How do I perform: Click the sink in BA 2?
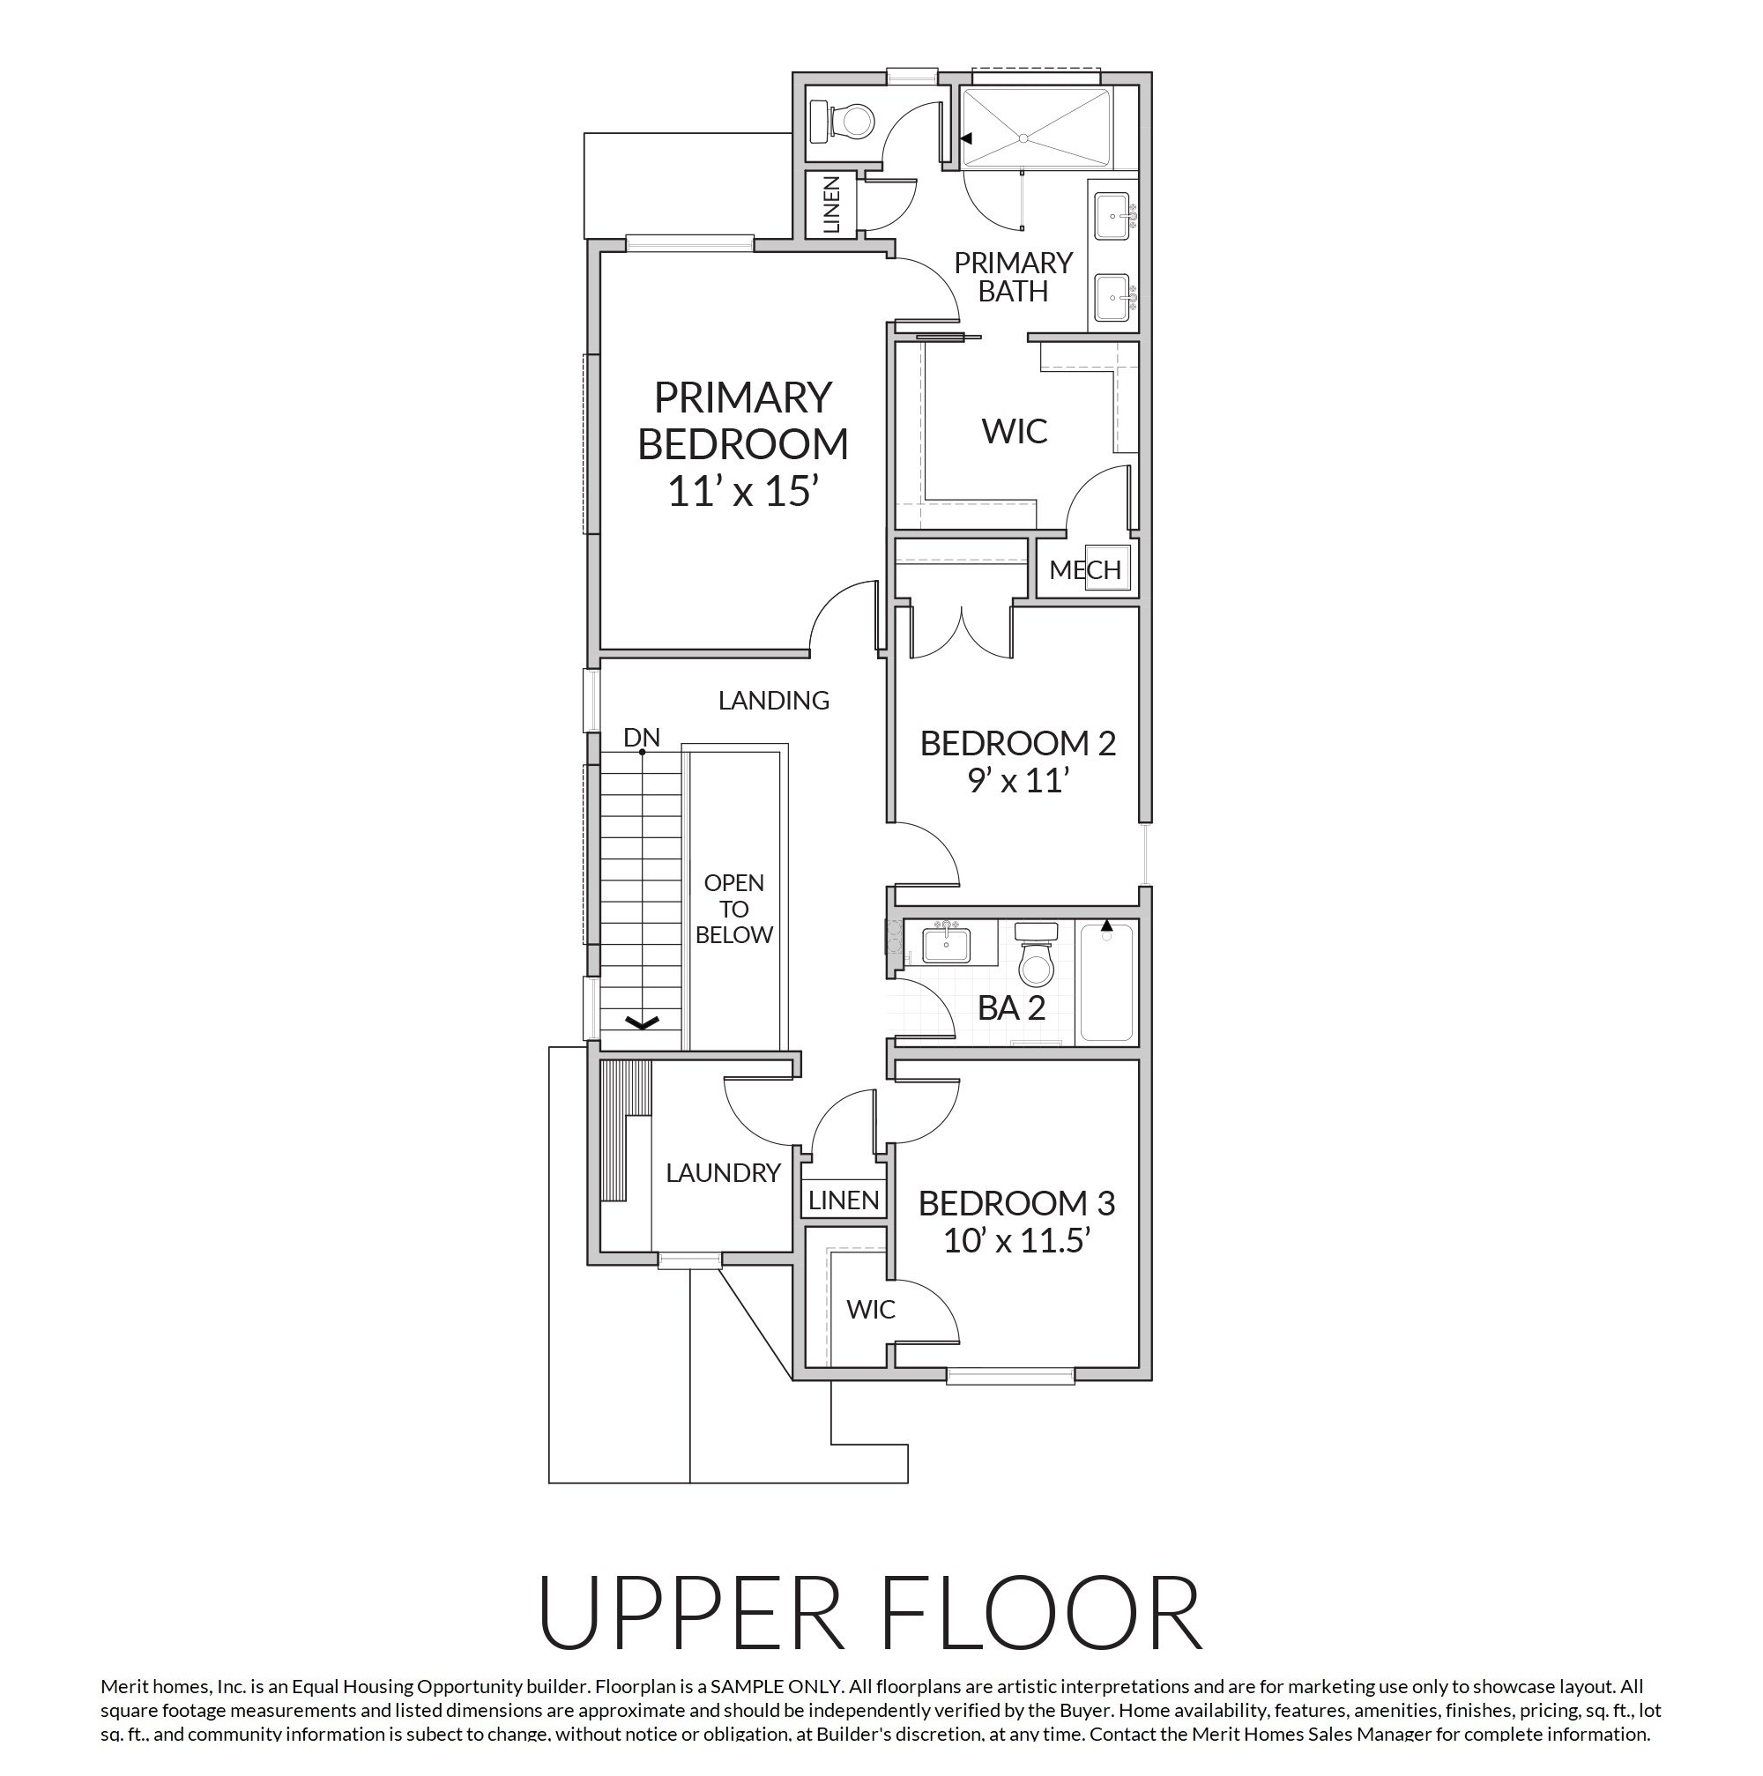946,943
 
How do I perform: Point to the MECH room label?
1084,570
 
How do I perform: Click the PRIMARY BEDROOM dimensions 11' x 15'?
743,492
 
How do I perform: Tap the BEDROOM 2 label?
1017,743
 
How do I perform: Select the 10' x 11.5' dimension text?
1016,1241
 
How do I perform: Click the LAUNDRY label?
724,1173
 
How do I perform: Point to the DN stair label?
642,737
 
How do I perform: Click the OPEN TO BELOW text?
734,909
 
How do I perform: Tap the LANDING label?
774,701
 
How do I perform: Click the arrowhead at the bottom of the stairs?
642,1022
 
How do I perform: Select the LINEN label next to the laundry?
844,1200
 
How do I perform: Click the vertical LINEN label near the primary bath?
832,204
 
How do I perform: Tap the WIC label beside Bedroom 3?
870,1309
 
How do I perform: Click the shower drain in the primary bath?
1023,137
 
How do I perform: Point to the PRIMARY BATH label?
1013,277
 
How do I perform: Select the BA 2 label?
1011,1008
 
